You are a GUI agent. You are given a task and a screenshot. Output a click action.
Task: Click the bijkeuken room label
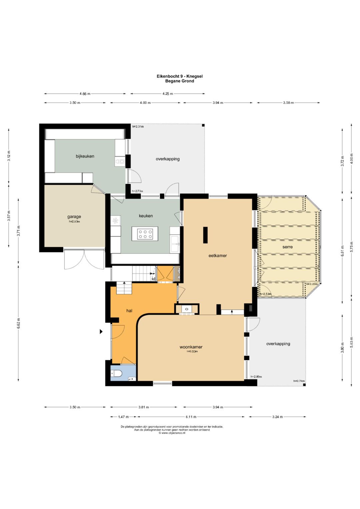[85, 156]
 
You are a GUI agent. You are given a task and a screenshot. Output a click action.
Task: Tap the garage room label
[74, 217]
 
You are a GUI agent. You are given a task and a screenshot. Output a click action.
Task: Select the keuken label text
[146, 216]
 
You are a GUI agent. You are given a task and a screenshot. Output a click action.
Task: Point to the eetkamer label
[217, 255]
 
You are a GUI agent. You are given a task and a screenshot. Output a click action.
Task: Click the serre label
[287, 247]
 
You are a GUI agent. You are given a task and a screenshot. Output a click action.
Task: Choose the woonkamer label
[191, 347]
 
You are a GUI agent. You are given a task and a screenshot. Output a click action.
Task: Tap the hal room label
[129, 311]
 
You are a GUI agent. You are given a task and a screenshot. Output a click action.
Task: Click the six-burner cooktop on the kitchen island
[145, 234]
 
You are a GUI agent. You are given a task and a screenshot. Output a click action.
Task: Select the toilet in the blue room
[117, 373]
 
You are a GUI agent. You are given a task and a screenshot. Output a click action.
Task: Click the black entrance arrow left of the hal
[101, 332]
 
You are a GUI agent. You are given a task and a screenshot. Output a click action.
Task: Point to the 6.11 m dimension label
[191, 417]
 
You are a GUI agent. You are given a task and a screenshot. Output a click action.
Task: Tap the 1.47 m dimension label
[123, 417]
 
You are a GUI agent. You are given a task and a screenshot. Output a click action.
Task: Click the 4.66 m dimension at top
[85, 94]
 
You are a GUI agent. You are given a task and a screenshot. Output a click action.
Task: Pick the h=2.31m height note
[138, 127]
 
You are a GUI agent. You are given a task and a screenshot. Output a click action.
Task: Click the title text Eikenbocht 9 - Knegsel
[180, 76]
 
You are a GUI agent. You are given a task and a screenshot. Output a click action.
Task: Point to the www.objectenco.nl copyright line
[172, 433]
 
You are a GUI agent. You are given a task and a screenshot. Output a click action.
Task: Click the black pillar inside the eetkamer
[205, 235]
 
